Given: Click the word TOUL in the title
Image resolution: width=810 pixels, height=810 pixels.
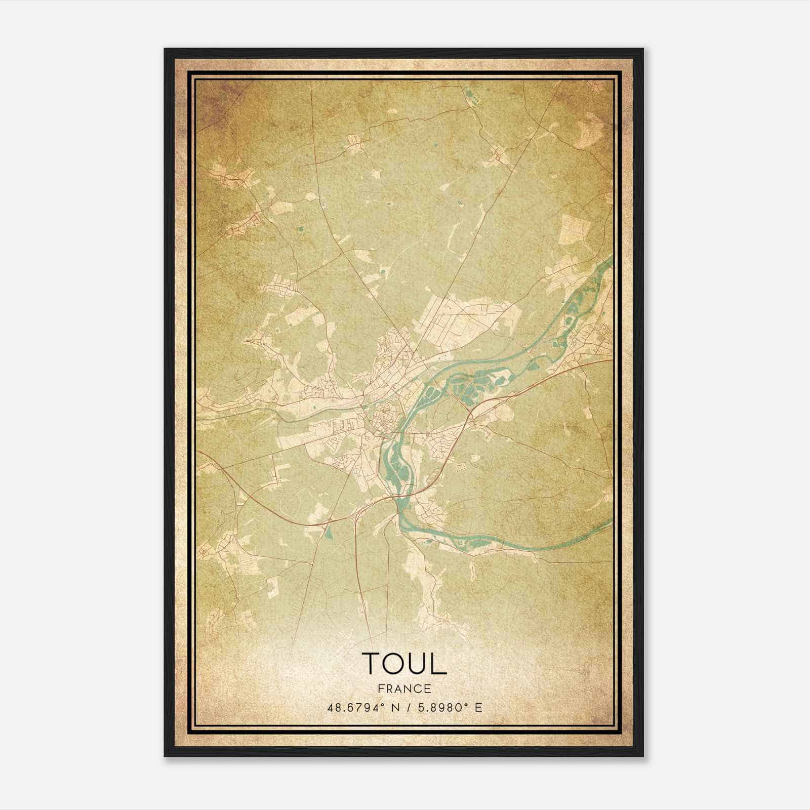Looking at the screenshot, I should point(404,663).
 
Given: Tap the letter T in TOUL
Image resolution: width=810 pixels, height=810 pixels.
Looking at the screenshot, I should point(372,663).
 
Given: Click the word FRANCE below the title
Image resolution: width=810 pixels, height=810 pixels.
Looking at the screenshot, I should point(404,688).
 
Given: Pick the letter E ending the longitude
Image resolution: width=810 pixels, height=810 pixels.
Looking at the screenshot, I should point(478,707).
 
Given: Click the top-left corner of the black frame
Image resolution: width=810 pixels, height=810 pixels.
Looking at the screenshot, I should point(165,49).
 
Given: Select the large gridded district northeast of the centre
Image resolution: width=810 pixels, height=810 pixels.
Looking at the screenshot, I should point(456,319).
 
